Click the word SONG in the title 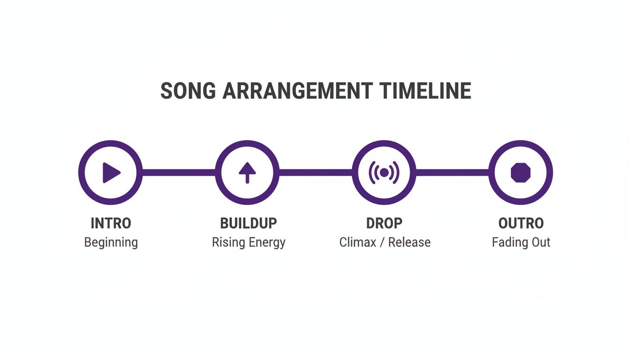[x=188, y=91]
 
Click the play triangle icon [x=111, y=172]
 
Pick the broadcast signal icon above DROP [x=384, y=172]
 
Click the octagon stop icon [x=520, y=172]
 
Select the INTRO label [x=111, y=223]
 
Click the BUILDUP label [x=248, y=223]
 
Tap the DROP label [x=384, y=223]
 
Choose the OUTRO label [x=521, y=223]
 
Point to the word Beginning [x=111, y=243]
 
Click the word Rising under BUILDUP [x=227, y=243]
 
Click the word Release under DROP [x=409, y=243]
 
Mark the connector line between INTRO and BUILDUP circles [x=179, y=172]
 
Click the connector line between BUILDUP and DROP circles [x=315, y=172]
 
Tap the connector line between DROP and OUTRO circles [x=452, y=172]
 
